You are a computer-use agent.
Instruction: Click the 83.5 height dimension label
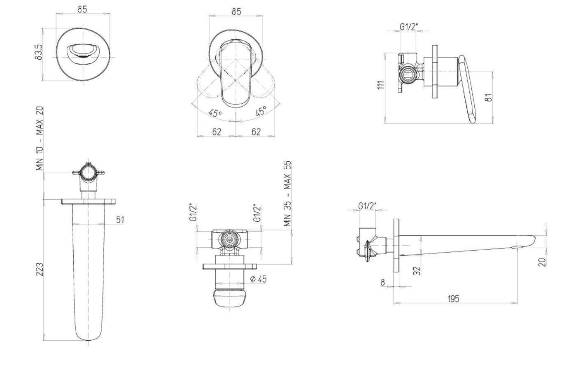click(39, 52)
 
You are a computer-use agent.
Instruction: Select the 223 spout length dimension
click(40, 269)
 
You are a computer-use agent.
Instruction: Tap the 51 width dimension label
click(120, 220)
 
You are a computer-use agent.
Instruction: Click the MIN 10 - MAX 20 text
click(40, 139)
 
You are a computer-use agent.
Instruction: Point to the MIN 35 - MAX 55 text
click(288, 194)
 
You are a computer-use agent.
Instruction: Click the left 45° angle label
click(215, 113)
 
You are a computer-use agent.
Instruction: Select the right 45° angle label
click(261, 111)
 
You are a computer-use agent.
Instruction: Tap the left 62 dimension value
click(217, 132)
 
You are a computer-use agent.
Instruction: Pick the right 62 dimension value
click(256, 132)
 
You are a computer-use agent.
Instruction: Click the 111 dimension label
click(381, 85)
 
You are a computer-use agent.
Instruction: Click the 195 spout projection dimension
click(453, 299)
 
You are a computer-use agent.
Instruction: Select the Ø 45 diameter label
click(259, 279)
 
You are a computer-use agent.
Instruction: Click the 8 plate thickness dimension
click(382, 283)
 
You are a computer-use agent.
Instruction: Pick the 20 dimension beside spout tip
click(542, 263)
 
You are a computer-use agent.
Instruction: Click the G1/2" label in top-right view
click(409, 27)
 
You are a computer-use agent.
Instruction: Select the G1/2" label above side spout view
click(367, 206)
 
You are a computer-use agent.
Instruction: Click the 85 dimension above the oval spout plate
click(82, 9)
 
